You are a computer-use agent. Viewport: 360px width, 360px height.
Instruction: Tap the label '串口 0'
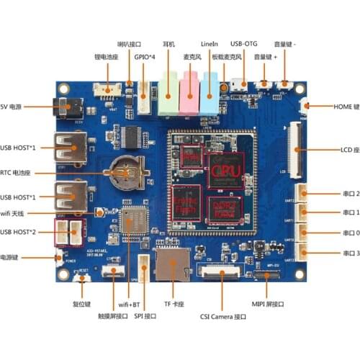[x=341, y=233]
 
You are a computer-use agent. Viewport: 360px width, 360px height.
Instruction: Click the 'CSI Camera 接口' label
[x=222, y=316]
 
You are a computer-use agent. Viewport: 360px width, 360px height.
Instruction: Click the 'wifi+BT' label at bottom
[x=126, y=305]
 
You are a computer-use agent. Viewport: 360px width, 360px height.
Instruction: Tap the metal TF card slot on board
[x=171, y=266]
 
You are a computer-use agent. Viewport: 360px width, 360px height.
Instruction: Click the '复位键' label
[x=81, y=305]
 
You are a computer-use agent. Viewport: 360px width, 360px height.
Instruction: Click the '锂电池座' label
[x=107, y=55]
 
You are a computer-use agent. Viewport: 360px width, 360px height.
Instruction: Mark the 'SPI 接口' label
[x=144, y=316]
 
